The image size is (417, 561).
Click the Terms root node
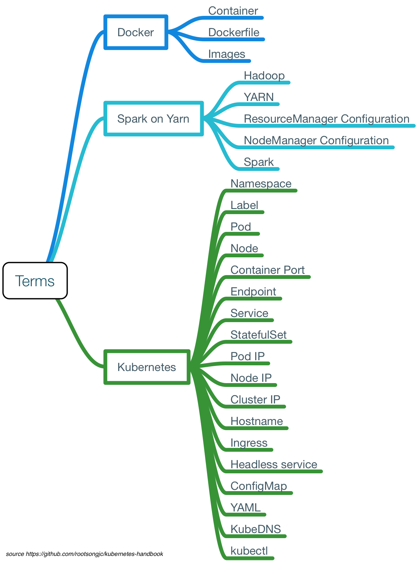[x=35, y=281]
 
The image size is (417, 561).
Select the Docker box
[x=136, y=32]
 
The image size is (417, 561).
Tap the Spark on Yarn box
[x=153, y=118]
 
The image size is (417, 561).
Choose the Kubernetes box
[x=147, y=367]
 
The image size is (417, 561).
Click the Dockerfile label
[x=234, y=32]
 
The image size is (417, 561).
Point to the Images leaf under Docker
[x=227, y=54]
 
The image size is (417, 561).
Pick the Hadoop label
[x=264, y=76]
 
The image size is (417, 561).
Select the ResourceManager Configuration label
[x=326, y=119]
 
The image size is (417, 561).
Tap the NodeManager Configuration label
[x=316, y=140]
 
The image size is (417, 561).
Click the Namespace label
[x=261, y=184]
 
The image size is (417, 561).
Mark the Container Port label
[x=268, y=270]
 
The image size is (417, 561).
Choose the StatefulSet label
[x=258, y=335]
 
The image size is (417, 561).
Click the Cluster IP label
[x=255, y=400]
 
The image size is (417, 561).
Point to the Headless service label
[x=274, y=464]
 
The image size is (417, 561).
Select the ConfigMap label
[x=259, y=486]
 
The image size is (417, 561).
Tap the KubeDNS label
[x=256, y=529]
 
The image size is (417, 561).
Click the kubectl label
[x=249, y=551]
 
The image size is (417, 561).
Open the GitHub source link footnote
[x=85, y=554]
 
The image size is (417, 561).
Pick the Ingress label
[x=249, y=443]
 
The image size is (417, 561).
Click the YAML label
[x=245, y=508]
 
